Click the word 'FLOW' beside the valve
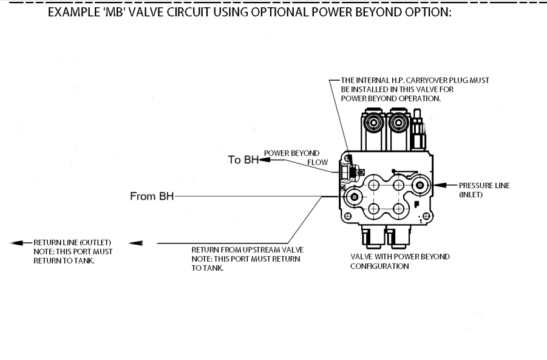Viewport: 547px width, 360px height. click(318, 162)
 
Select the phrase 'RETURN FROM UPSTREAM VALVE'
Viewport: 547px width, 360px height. click(247, 250)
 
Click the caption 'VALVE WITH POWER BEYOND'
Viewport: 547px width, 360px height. click(396, 257)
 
